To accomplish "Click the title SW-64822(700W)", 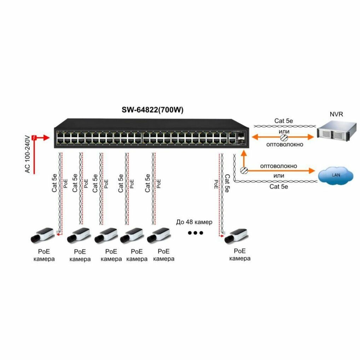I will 152,110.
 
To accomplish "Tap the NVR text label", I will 336,115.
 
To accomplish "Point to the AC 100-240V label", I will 27,154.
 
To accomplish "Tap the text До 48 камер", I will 194,222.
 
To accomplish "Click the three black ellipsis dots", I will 195,233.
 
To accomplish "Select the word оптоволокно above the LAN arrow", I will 278,166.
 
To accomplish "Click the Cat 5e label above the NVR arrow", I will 283,121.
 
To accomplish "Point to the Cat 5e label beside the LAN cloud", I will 278,186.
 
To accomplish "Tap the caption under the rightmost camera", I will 240,255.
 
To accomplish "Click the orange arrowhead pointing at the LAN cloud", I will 311,171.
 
